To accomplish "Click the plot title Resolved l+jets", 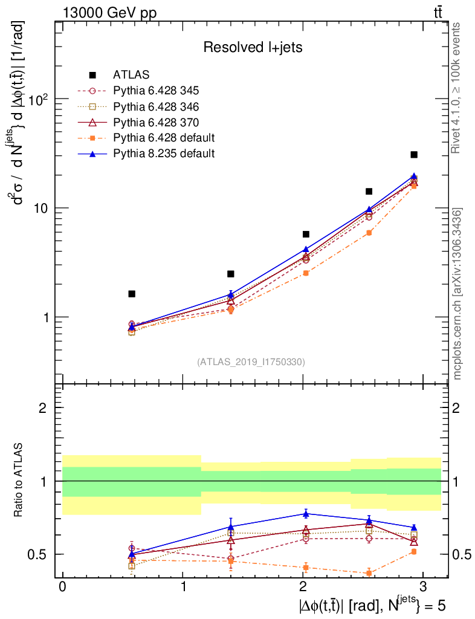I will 253,47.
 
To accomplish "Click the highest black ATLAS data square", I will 414,155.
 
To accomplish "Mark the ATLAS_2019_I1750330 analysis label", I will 251,362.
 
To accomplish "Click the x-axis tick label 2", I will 303,588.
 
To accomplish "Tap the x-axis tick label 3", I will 423,588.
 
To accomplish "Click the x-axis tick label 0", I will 62,588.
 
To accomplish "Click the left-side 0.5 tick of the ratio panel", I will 42,554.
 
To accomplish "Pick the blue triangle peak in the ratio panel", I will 306,514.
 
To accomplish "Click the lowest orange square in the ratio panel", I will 369,572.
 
